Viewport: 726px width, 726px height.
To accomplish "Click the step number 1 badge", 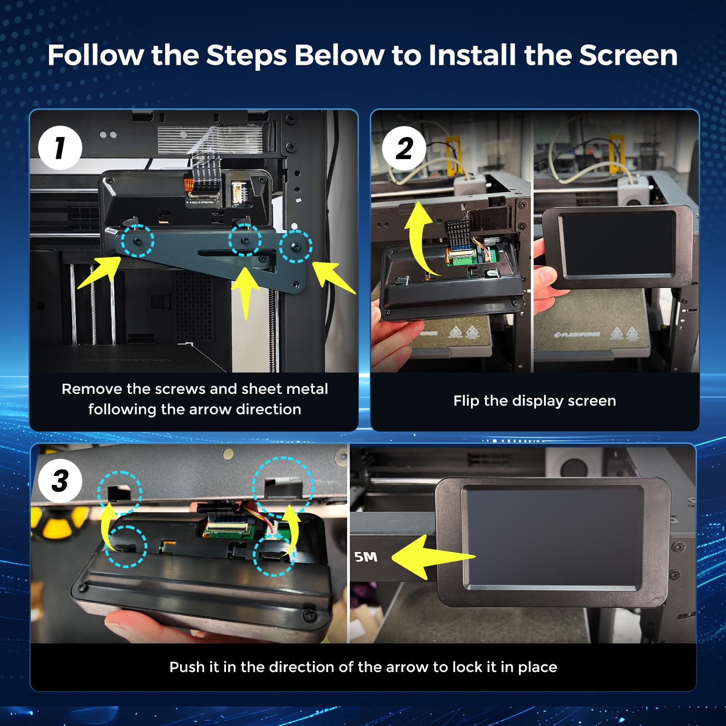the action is pos(60,148).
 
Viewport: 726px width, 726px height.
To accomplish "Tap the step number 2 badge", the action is pos(404,148).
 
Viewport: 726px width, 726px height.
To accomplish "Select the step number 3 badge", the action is pos(60,481).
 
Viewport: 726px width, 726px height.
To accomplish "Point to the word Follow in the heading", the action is pos(96,55).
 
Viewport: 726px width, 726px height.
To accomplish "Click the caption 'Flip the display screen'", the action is pos(535,401).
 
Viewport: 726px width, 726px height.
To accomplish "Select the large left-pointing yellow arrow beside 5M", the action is pos(433,557).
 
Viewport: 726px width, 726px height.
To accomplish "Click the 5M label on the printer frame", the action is pos(366,557).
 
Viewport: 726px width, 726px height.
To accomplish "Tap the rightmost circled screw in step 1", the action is pos(296,246).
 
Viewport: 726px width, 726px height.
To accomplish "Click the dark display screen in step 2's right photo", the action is pos(617,245).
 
